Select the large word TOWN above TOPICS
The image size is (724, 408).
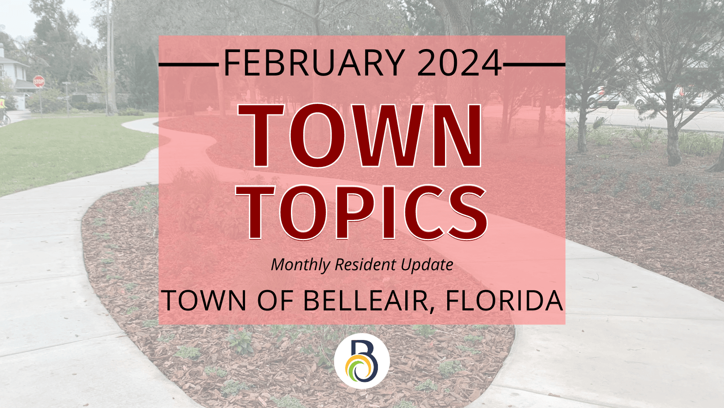click(x=360, y=136)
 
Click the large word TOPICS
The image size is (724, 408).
click(x=362, y=212)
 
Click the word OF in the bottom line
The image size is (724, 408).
click(x=275, y=300)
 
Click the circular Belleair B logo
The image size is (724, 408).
click(x=362, y=361)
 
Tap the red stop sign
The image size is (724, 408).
click(x=39, y=81)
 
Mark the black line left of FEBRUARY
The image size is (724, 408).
click(x=189, y=64)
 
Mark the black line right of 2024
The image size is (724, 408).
click(x=534, y=64)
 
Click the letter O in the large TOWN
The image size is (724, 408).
click(x=318, y=136)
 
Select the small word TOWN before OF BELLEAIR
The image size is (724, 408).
click(x=204, y=300)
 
